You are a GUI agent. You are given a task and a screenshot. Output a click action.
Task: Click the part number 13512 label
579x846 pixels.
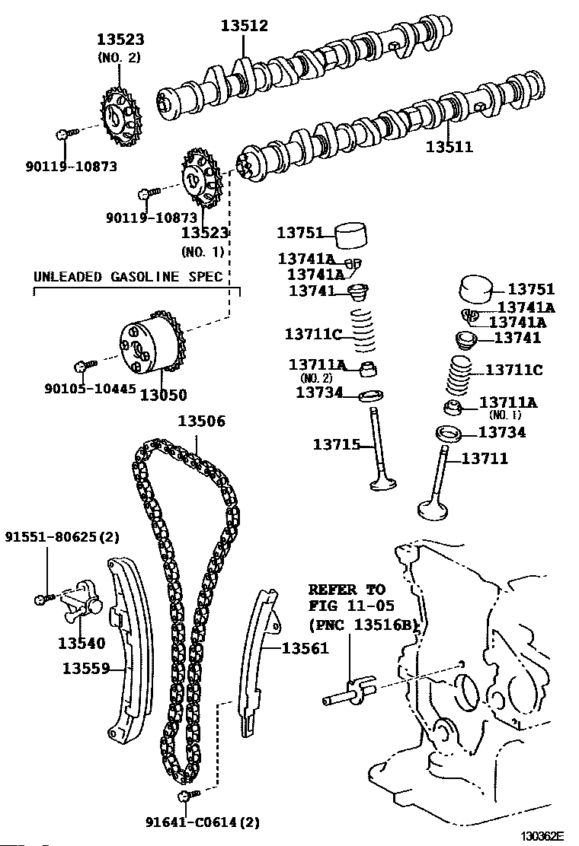(245, 26)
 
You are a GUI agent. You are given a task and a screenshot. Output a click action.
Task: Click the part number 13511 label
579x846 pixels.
(448, 147)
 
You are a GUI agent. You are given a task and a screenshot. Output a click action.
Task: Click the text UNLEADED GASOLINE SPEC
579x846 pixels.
(128, 276)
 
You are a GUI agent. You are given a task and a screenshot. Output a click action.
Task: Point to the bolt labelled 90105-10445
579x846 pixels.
(83, 366)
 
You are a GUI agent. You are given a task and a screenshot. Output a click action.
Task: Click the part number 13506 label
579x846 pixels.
(201, 421)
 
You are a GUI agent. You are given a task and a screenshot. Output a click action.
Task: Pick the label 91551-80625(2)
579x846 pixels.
(62, 537)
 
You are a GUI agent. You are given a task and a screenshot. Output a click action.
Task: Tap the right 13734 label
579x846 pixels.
(502, 432)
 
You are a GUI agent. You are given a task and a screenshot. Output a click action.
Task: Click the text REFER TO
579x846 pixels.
(347, 590)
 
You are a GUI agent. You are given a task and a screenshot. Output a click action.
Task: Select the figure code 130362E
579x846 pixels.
(542, 837)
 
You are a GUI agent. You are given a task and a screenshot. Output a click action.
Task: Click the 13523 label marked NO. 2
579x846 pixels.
(120, 40)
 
